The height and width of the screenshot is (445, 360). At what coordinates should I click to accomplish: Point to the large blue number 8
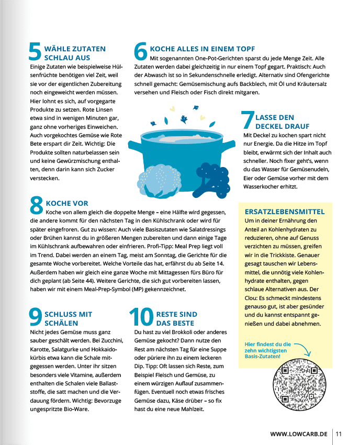click(36, 205)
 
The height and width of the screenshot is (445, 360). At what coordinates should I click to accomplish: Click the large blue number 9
click(36, 318)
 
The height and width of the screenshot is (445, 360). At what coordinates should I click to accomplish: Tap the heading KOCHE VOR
click(67, 203)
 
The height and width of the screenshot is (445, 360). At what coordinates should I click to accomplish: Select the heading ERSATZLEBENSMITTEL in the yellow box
click(285, 212)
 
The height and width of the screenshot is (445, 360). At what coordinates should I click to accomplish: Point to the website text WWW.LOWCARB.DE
click(299, 434)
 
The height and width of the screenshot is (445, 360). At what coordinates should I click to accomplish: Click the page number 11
click(339, 434)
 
